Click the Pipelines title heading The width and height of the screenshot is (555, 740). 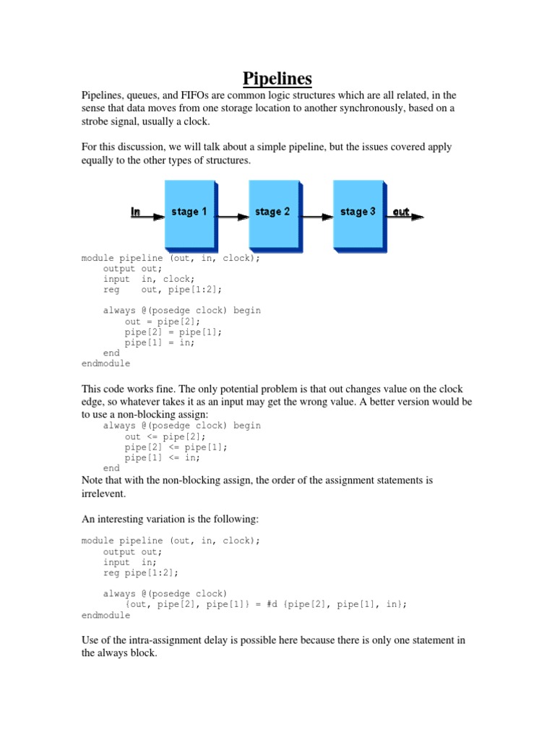click(x=277, y=77)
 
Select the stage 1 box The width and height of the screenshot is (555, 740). click(x=189, y=212)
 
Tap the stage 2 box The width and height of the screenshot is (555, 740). click(x=273, y=212)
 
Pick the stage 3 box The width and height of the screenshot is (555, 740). click(x=358, y=212)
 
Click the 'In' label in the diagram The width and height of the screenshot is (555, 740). click(x=136, y=212)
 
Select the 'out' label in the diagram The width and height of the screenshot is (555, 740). click(x=401, y=212)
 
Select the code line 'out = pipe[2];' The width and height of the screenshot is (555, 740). click(x=163, y=322)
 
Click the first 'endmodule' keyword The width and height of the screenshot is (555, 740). click(x=106, y=364)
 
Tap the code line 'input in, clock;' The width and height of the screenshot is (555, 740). click(x=149, y=279)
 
